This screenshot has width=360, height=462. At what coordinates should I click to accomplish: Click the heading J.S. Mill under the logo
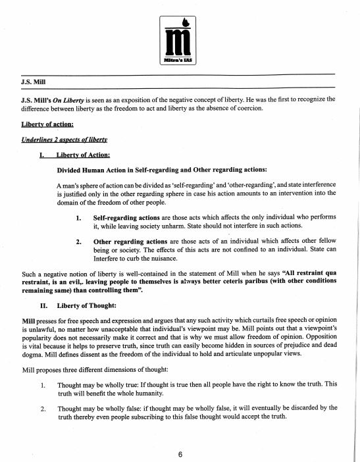point(36,85)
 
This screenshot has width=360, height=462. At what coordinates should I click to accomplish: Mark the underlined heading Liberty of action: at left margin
point(47,124)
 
